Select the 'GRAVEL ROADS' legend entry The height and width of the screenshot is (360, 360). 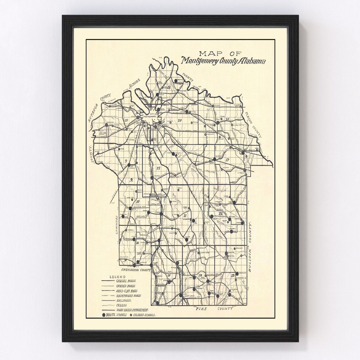(126, 281)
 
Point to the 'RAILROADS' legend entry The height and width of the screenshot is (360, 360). (124, 300)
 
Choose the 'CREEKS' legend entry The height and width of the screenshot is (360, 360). (122, 305)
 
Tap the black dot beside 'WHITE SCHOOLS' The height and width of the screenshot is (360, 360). (104, 315)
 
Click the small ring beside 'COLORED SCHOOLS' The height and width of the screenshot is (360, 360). (131, 315)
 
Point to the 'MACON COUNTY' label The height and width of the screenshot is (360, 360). (253, 125)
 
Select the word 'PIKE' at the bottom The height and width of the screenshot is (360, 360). (201, 309)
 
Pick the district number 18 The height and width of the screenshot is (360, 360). (169, 87)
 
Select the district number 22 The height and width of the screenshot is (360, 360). (158, 168)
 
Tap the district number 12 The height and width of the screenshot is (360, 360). (220, 213)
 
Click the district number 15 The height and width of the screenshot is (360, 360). (169, 275)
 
